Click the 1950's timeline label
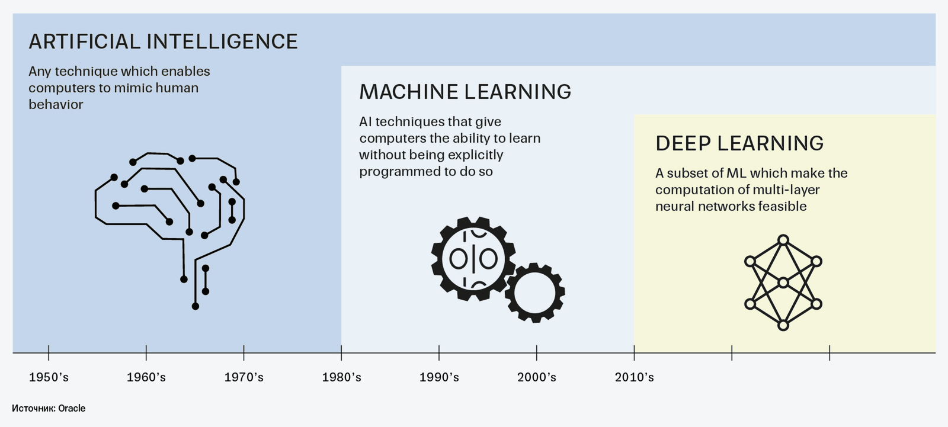pyautogui.click(x=49, y=377)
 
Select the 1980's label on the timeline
pyautogui.click(x=341, y=377)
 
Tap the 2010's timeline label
pyautogui.click(x=635, y=377)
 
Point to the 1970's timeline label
pyautogui.click(x=244, y=377)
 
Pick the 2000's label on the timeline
pyautogui.click(x=537, y=377)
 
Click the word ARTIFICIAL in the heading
pyautogui.click(x=85, y=41)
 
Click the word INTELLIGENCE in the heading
pyautogui.click(x=222, y=41)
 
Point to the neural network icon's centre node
pyautogui.click(x=783, y=282)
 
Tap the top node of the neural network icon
pyautogui.click(x=783, y=240)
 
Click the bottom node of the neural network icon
pyautogui.click(x=783, y=326)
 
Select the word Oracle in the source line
pyautogui.click(x=72, y=409)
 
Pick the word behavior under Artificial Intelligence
pyautogui.click(x=56, y=104)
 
